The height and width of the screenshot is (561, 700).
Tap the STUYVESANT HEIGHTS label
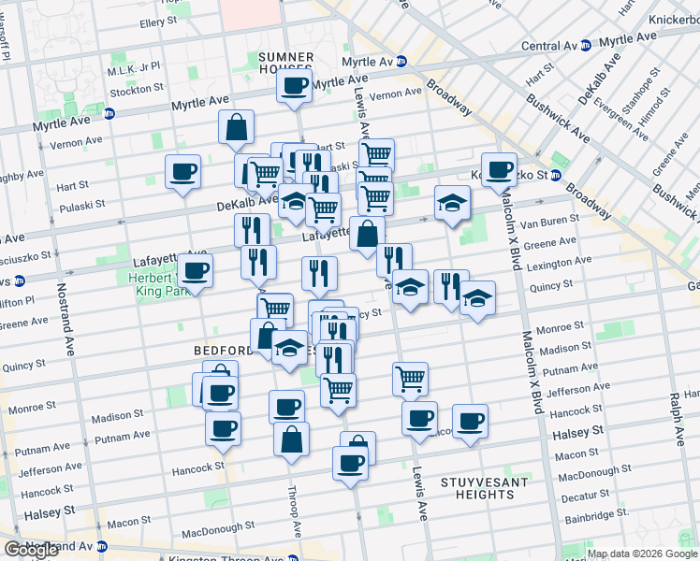click(x=475, y=487)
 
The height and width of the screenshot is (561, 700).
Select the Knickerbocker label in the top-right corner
click(x=666, y=18)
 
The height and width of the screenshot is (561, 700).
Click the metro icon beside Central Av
click(x=586, y=45)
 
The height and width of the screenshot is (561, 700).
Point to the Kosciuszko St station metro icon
click(x=555, y=175)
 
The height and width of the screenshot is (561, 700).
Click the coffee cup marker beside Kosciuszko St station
click(x=500, y=169)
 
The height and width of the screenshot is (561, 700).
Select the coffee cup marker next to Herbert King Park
click(x=195, y=271)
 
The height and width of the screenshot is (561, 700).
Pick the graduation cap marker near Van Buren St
click(x=452, y=203)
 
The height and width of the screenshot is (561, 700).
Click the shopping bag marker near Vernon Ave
click(x=237, y=127)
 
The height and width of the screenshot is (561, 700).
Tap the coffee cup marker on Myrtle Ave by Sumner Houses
click(x=294, y=87)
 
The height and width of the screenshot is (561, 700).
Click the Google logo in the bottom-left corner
click(x=31, y=550)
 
